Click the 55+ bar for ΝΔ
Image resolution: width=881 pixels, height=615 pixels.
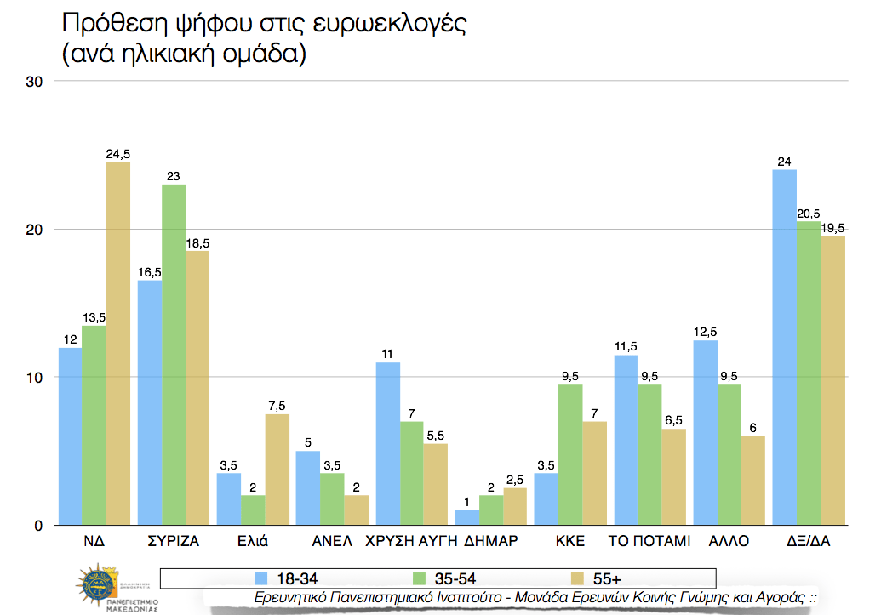pyautogui.click(x=117, y=344)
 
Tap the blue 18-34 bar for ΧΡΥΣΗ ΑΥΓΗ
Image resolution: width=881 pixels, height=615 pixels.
pyautogui.click(x=387, y=444)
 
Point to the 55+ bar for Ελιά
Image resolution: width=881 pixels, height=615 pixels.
pyautogui.click(x=277, y=470)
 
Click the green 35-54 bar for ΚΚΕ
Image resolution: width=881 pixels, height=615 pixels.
pyautogui.click(x=569, y=455)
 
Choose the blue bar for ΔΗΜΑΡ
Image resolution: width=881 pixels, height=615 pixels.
pyautogui.click(x=466, y=517)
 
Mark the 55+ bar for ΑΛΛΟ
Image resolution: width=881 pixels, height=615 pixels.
pyautogui.click(x=752, y=481)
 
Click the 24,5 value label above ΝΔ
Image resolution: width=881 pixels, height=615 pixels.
pyautogui.click(x=117, y=153)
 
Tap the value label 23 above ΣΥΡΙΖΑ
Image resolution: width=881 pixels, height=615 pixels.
pyautogui.click(x=174, y=175)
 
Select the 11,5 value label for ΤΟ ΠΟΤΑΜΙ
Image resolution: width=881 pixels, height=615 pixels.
pyautogui.click(x=626, y=345)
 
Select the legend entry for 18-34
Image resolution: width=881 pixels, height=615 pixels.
pyautogui.click(x=286, y=578)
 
